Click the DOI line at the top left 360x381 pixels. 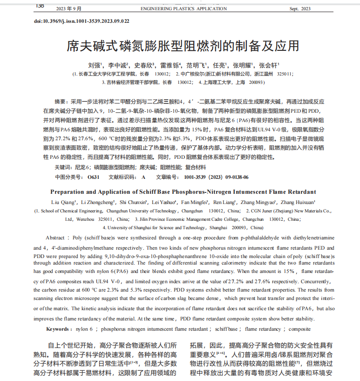click(x=82, y=21)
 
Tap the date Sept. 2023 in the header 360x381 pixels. click(x=300, y=9)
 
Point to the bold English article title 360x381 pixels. click(x=183, y=192)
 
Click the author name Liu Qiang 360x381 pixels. click(x=61, y=202)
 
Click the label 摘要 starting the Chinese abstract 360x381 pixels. click(x=61, y=101)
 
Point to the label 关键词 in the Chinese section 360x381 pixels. click(x=63, y=167)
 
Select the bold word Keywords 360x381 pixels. click(x=59, y=329)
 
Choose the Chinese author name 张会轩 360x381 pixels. click(x=268, y=65)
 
